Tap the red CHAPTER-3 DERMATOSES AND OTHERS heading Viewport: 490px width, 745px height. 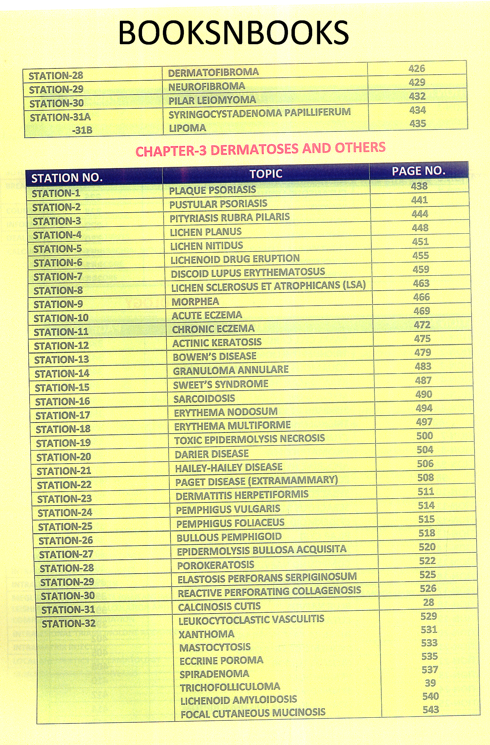260,149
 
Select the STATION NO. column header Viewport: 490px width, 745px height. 67,178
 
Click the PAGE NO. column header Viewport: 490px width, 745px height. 418,171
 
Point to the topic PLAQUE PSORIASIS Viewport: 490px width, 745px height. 212,190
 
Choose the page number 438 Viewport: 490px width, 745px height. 419,186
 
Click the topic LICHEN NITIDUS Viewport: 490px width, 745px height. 206,246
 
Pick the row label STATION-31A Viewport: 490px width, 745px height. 60,117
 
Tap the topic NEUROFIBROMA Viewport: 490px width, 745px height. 207,86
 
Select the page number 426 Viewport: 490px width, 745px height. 417,69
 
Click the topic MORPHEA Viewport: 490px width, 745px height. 195,302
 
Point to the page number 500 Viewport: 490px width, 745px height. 424,436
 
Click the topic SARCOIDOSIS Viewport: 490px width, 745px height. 204,399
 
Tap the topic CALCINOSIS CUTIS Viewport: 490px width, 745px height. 219,607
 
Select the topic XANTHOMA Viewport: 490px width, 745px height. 206,634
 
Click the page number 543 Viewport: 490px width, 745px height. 430,710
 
